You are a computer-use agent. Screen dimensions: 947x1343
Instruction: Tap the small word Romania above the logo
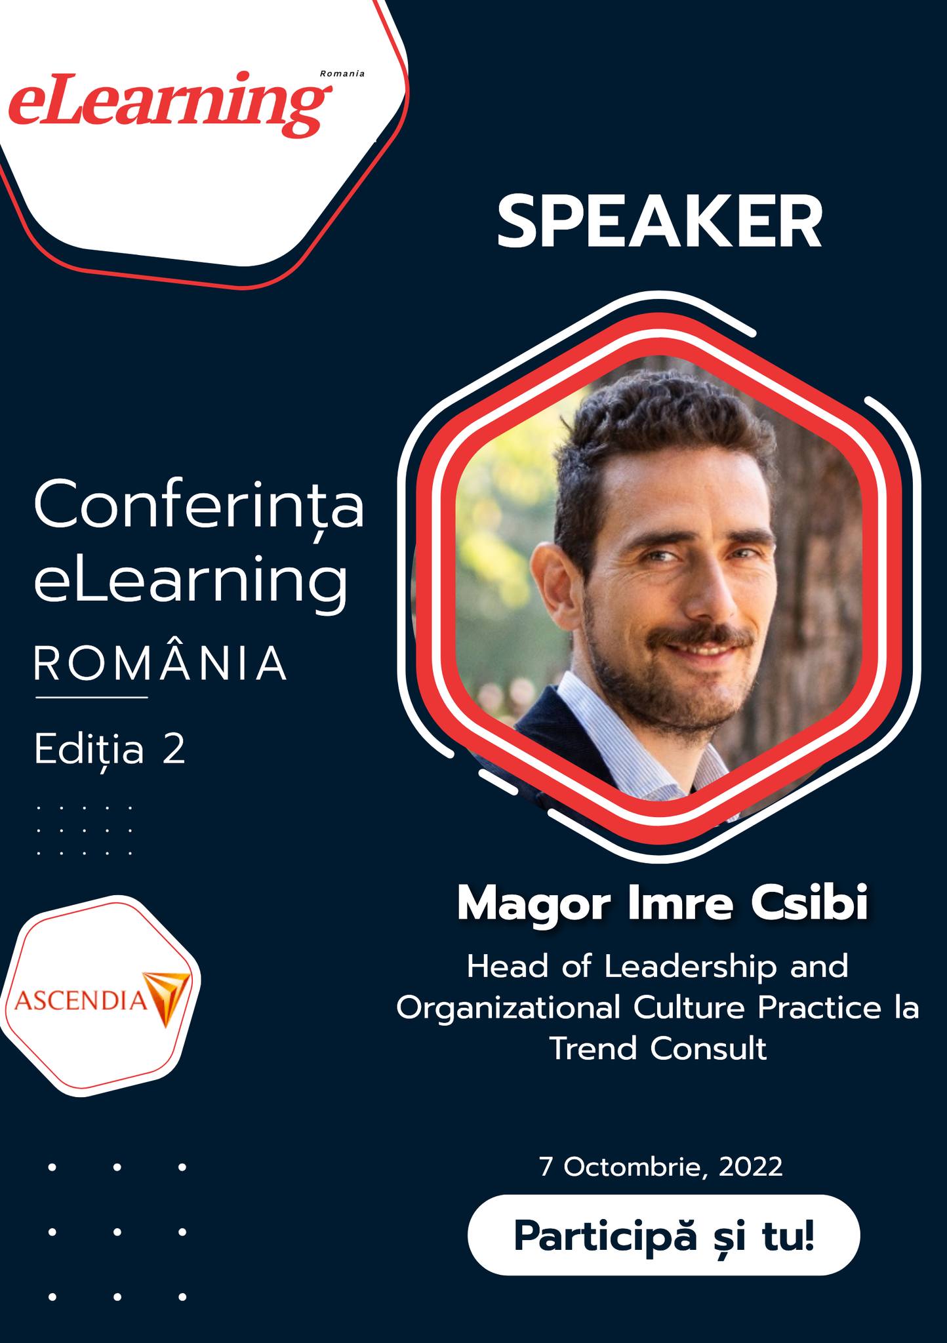pyautogui.click(x=342, y=73)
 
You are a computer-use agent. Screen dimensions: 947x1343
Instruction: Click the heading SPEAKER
pyautogui.click(x=659, y=222)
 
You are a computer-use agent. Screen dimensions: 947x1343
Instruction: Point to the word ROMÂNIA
pyautogui.click(x=161, y=663)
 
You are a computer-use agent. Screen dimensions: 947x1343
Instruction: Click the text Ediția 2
pyautogui.click(x=110, y=750)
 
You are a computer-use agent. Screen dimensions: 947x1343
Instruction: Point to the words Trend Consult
pyautogui.click(x=658, y=1049)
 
